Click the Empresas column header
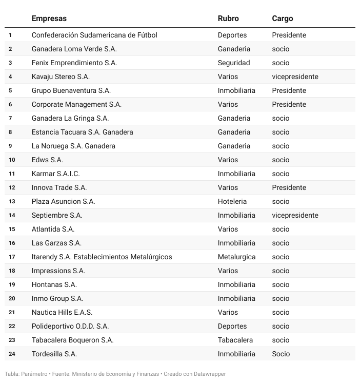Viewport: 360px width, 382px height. click(49, 18)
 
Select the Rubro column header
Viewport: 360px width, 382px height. click(228, 18)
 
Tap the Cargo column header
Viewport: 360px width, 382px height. click(283, 18)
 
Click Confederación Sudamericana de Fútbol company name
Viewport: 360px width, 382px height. click(94, 35)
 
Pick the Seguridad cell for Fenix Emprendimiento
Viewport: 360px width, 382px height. click(234, 63)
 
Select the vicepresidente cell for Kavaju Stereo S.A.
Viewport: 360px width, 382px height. click(295, 77)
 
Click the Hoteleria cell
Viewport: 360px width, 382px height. click(232, 201)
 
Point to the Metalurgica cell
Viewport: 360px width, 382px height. click(236, 257)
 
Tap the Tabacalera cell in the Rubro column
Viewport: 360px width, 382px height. click(235, 340)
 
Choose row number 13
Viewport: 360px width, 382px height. click(12, 201)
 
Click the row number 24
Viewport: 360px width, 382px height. click(12, 354)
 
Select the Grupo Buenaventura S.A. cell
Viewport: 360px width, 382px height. click(71, 90)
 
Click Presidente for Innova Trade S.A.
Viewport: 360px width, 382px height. click(289, 187)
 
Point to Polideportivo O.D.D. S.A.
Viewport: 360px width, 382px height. click(70, 326)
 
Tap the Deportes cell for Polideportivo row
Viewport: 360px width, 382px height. click(232, 326)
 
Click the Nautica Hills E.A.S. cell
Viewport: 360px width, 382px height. click(62, 312)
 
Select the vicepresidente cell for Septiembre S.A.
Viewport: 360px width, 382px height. click(295, 215)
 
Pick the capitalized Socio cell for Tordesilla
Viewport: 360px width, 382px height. click(281, 354)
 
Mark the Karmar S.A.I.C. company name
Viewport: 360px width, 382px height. click(56, 174)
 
